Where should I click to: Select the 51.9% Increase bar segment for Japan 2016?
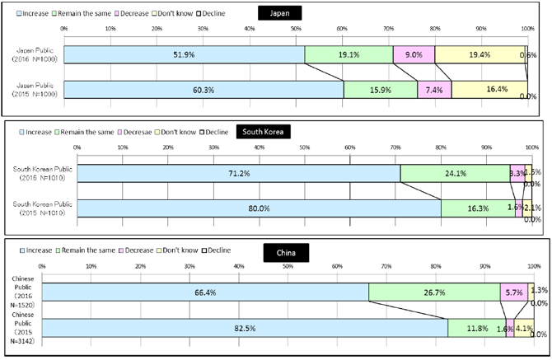point(184,54)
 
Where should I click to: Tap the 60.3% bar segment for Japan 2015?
point(203,89)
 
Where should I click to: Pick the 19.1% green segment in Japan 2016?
point(349,54)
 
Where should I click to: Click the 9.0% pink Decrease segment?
point(414,54)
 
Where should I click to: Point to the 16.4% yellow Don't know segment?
point(489,89)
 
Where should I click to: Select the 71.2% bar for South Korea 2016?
point(238,174)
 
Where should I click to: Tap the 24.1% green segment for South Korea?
point(455,174)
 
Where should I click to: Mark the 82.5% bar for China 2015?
point(245,329)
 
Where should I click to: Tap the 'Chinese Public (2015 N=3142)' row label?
point(21,328)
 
